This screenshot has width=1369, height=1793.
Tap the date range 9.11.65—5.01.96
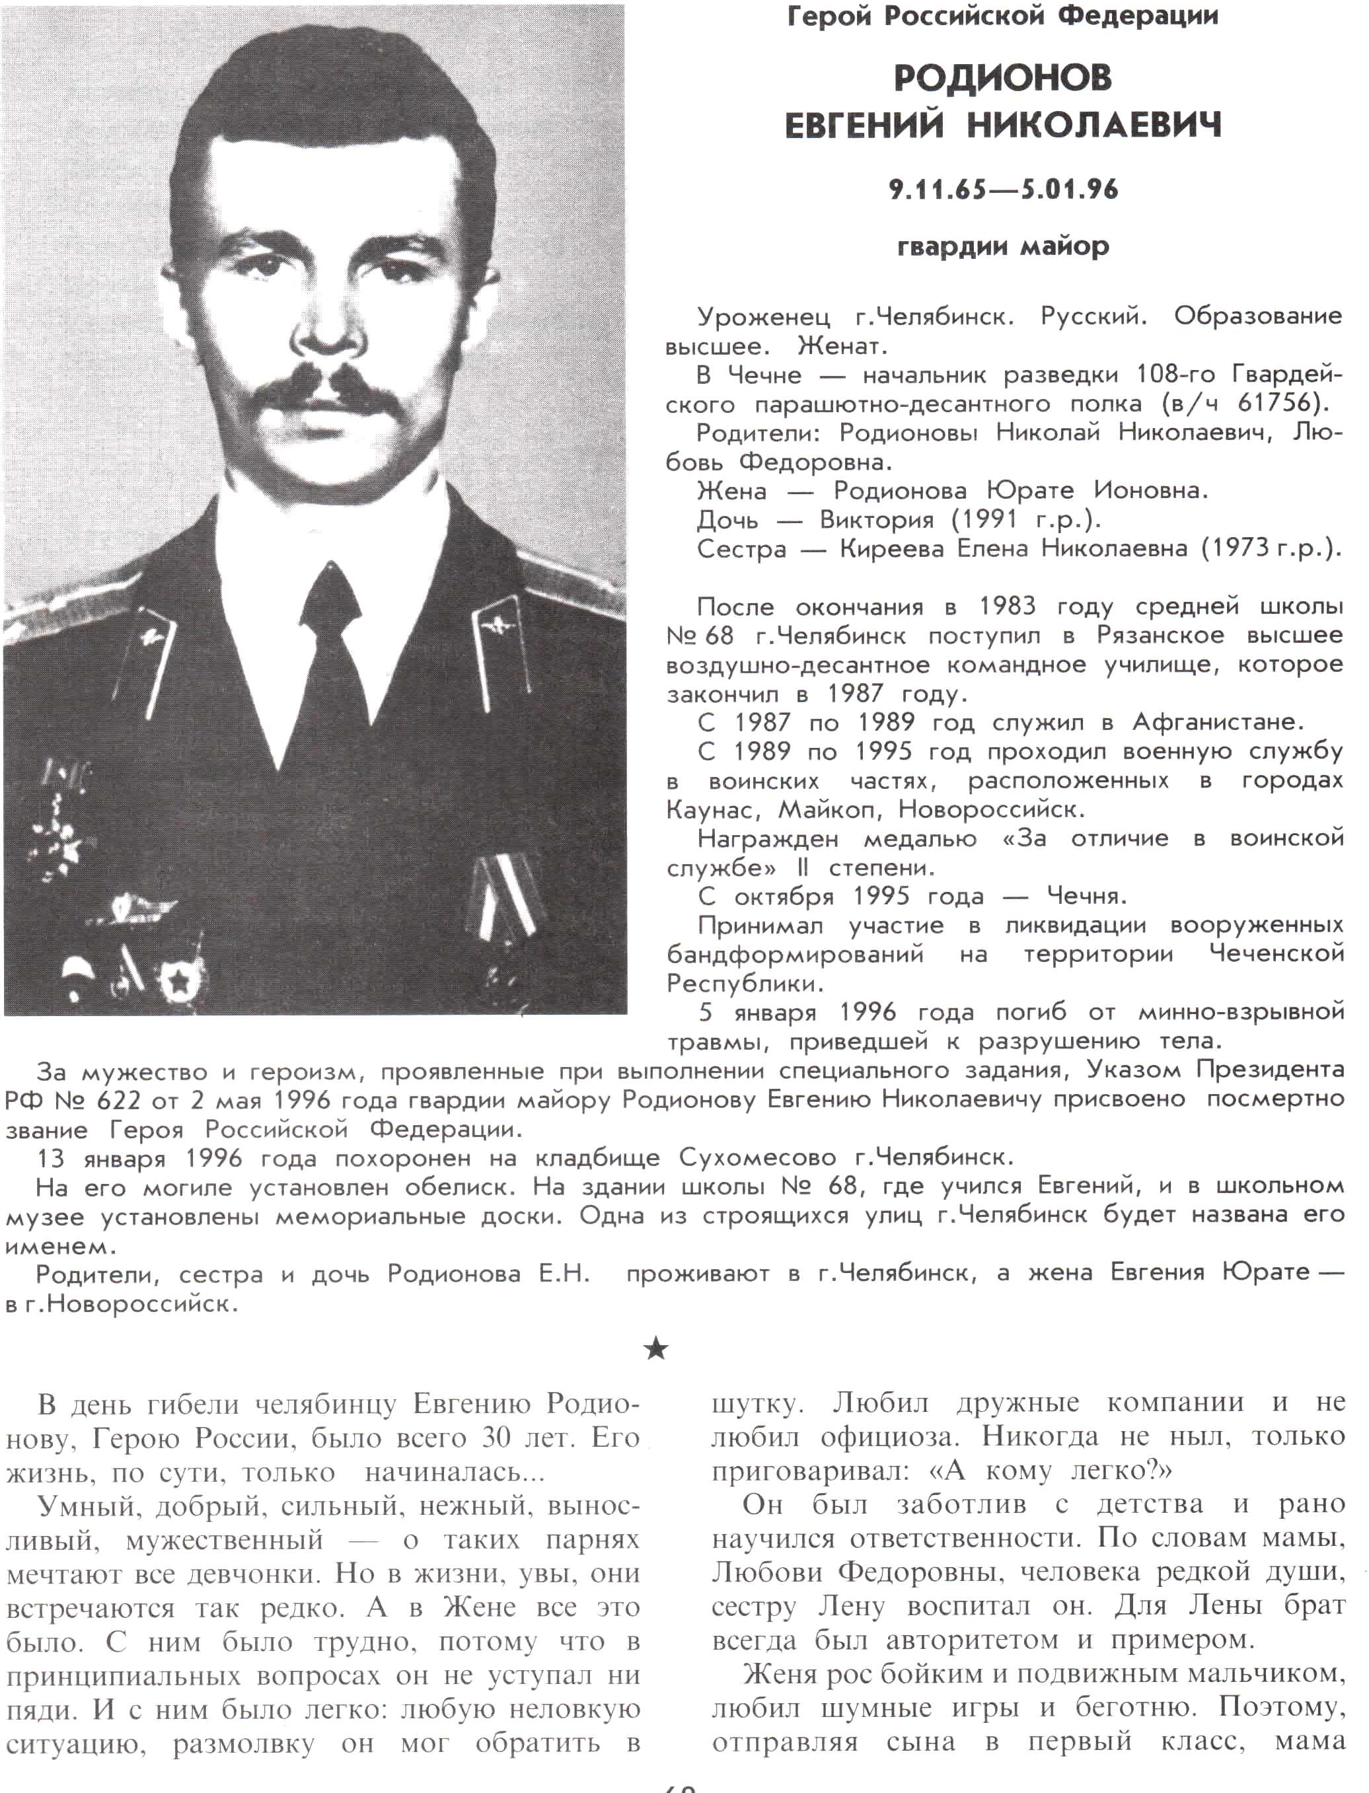[1003, 190]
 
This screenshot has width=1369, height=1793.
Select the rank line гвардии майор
[1003, 246]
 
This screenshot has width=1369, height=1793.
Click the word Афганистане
[1218, 723]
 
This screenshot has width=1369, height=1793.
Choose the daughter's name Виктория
[877, 520]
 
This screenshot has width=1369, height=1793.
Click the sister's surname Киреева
[893, 549]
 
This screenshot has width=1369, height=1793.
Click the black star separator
[655, 1350]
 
